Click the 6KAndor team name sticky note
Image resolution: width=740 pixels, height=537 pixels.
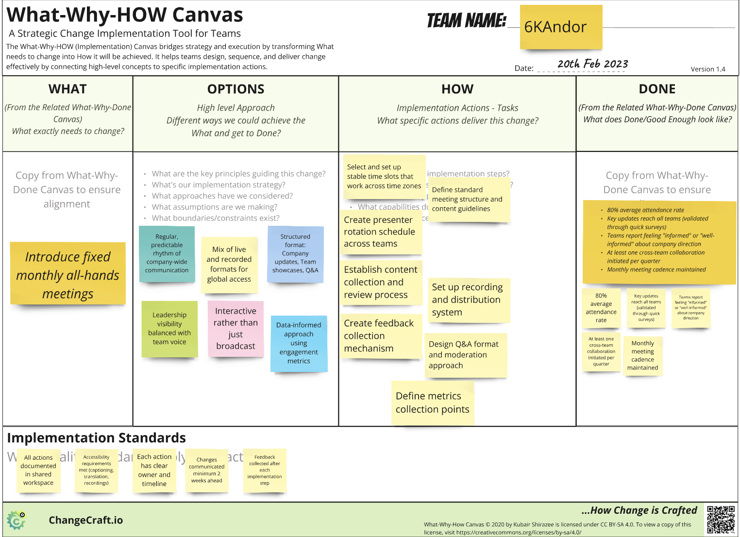(x=561, y=27)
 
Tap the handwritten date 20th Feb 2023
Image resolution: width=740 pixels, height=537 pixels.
(x=592, y=64)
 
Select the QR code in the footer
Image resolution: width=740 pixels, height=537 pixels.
(x=721, y=520)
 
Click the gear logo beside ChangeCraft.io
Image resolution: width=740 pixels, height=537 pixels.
(x=17, y=520)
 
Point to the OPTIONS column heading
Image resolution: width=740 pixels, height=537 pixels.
(x=236, y=89)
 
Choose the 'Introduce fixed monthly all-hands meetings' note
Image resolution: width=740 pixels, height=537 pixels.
(x=68, y=274)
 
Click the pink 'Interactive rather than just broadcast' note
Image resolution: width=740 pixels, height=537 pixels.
(x=235, y=329)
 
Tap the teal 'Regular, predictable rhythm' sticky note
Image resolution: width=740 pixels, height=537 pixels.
(x=167, y=253)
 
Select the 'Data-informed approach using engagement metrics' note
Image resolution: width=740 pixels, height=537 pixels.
(x=299, y=343)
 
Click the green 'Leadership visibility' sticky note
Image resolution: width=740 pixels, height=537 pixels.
(x=169, y=329)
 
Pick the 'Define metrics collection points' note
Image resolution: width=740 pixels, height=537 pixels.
(x=433, y=403)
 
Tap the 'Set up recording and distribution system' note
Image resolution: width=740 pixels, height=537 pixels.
(x=468, y=300)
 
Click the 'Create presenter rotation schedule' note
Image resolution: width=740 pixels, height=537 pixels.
(x=380, y=232)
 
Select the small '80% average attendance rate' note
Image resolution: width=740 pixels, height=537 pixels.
(x=601, y=308)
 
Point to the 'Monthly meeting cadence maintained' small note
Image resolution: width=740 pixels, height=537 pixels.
(x=642, y=355)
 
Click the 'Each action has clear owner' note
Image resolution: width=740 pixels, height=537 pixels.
(x=154, y=470)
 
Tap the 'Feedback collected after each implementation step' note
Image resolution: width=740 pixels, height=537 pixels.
(x=265, y=470)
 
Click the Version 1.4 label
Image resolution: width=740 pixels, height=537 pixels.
(x=707, y=69)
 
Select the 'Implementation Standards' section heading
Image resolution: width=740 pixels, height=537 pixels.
(x=96, y=438)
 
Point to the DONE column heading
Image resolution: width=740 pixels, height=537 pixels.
(x=657, y=89)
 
